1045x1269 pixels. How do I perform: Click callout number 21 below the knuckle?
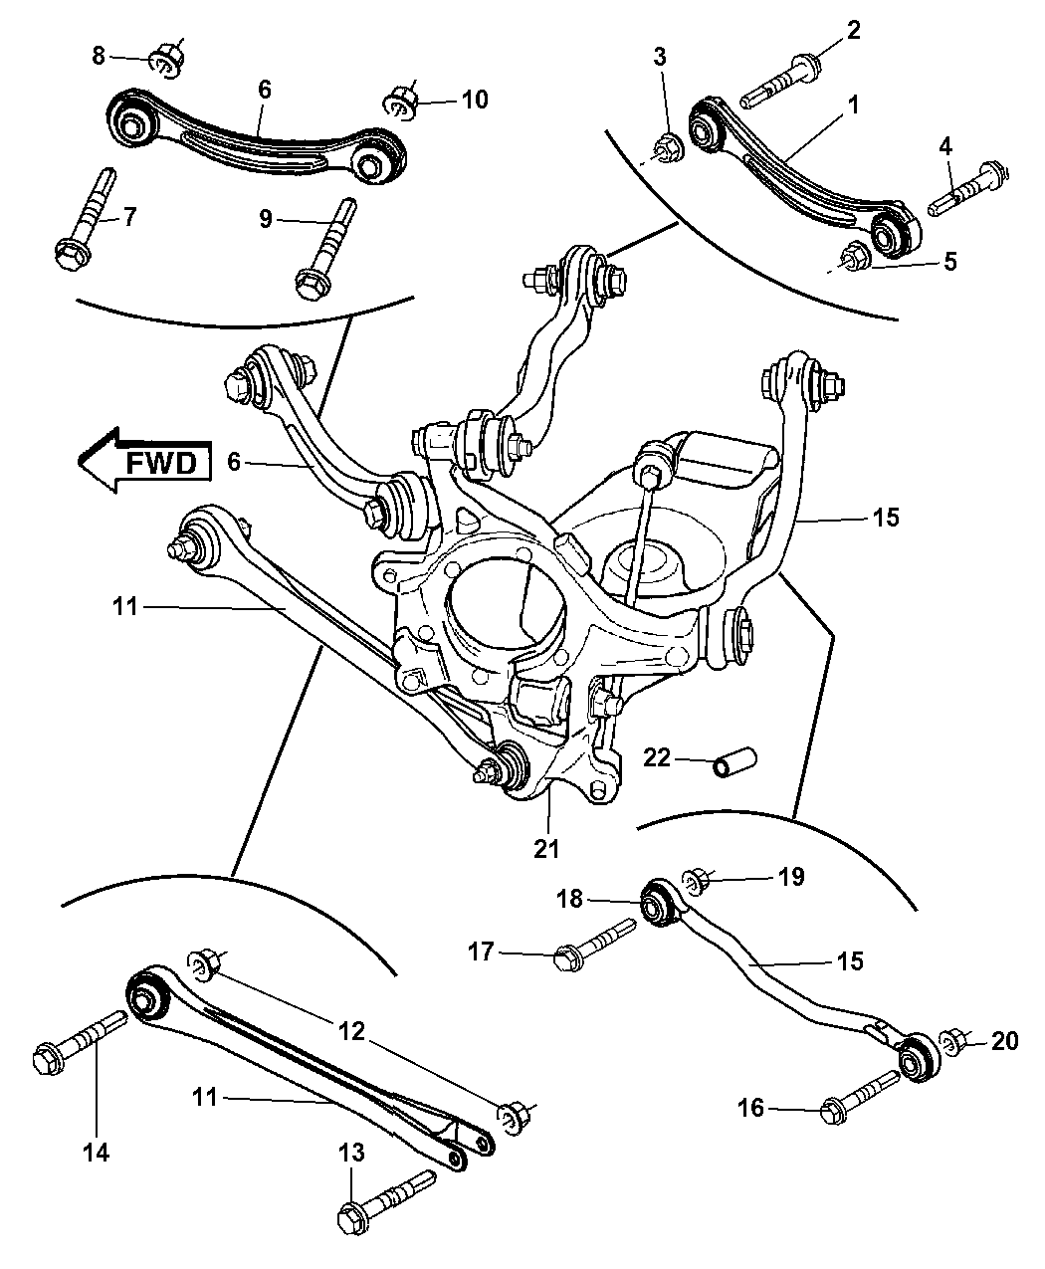546,849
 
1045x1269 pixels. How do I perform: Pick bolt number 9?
323,249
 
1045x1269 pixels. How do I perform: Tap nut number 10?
400,102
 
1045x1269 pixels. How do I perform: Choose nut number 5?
855,256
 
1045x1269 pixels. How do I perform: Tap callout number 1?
853,104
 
